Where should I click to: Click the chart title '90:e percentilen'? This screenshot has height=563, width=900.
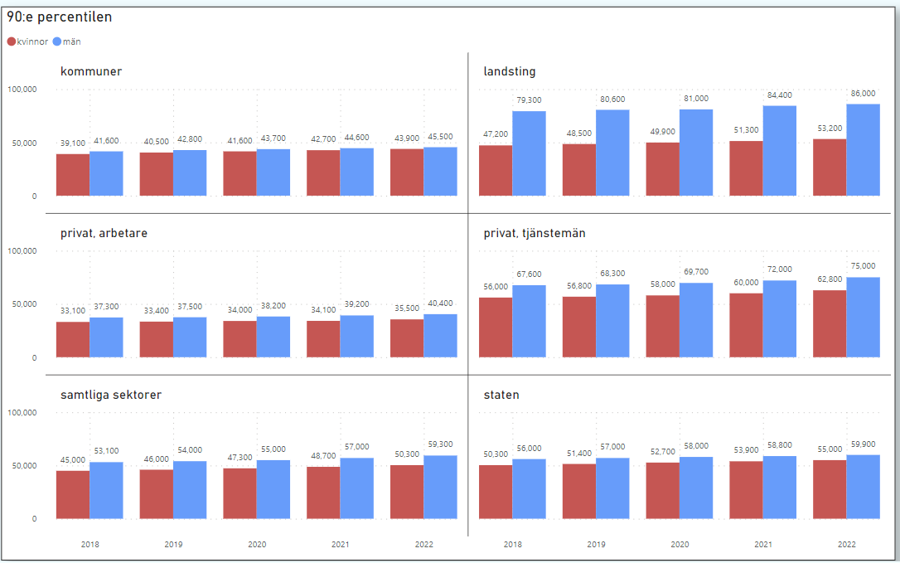tap(60, 17)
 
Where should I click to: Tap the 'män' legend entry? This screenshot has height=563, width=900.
tap(67, 41)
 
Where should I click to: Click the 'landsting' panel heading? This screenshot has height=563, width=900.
tap(510, 71)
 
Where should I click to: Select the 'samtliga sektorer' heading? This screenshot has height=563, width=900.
tap(110, 395)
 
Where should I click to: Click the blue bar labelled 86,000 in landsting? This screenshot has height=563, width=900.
tap(863, 150)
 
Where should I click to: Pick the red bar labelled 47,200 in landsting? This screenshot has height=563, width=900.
tap(496, 171)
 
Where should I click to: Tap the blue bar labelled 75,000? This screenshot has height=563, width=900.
tap(863, 318)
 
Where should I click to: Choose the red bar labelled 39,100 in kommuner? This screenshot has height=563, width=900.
tap(73, 175)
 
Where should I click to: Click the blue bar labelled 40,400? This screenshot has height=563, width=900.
tap(440, 336)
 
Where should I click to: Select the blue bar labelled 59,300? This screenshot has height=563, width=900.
tap(440, 488)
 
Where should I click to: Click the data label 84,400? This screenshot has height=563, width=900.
tap(779, 95)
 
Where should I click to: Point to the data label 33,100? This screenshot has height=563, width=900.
tap(73, 311)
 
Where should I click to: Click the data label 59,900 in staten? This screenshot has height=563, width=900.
tap(863, 444)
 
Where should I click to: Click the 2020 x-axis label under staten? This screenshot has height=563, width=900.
tap(680, 545)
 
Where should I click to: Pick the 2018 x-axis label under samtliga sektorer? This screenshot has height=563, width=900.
tap(90, 545)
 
